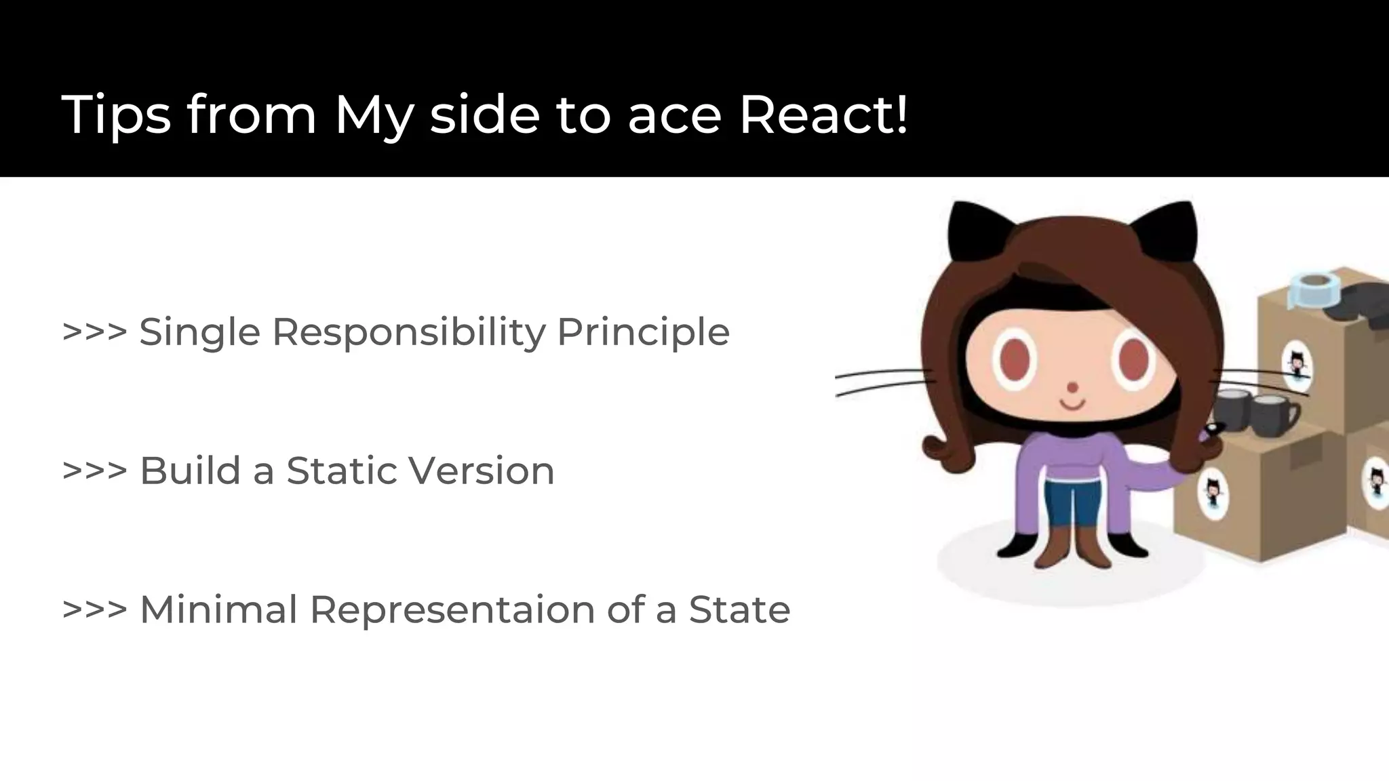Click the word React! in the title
(x=823, y=115)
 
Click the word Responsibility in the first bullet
(x=408, y=333)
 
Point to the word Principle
(x=643, y=333)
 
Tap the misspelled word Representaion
(x=452, y=610)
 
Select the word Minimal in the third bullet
(x=218, y=609)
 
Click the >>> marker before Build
(x=94, y=470)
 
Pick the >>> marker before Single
(x=94, y=332)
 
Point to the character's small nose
(x=1072, y=388)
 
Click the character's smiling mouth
(x=1072, y=405)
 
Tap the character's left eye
(x=1015, y=359)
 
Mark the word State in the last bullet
(x=739, y=609)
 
